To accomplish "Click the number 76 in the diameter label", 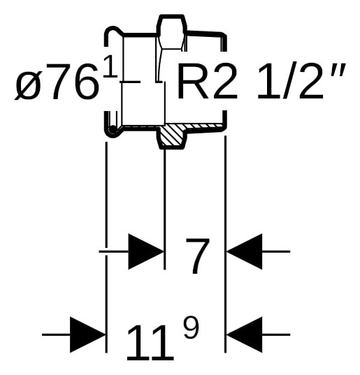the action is coord(71,81).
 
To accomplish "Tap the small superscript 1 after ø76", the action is coord(110,66).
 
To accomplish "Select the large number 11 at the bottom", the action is coord(150,342).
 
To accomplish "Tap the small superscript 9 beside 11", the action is coord(191,328).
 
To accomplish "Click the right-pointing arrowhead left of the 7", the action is coord(146,251).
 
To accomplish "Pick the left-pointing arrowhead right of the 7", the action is coord(245,251).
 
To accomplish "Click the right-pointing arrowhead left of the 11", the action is coord(87,334).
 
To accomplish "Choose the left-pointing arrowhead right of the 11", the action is coord(245,334).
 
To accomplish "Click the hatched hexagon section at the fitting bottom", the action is coord(172,136).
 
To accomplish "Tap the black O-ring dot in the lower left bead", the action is coord(112,129).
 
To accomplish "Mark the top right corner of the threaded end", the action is coord(226,36).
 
